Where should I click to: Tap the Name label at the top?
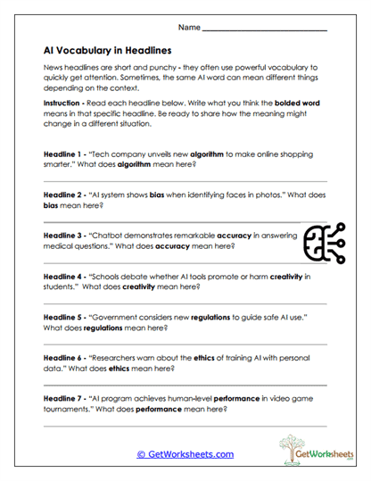tap(188, 29)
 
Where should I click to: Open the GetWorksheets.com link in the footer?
tap(185, 454)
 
